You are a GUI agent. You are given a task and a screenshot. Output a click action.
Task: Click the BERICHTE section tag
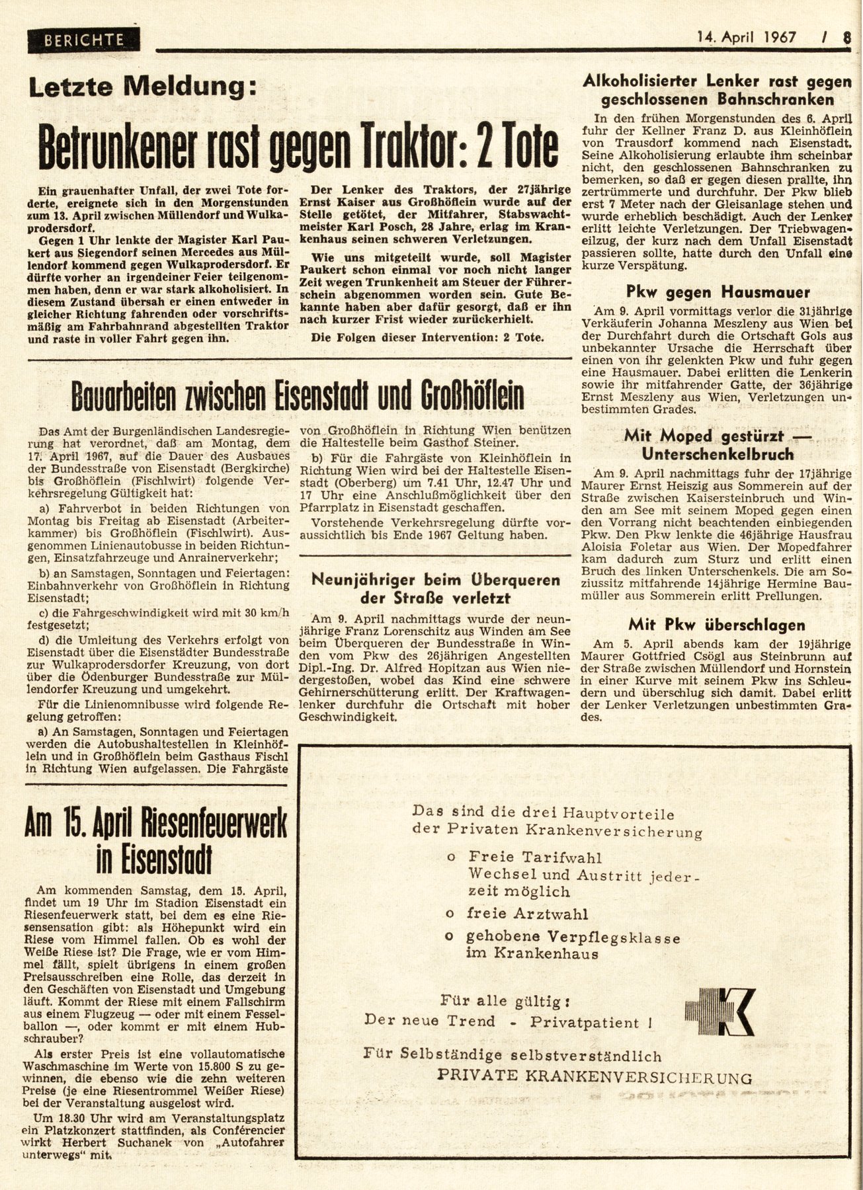point(84,40)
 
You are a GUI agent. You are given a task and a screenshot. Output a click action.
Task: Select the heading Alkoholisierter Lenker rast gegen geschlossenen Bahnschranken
point(717,91)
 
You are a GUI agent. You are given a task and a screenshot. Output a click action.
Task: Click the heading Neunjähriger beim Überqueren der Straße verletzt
point(436,588)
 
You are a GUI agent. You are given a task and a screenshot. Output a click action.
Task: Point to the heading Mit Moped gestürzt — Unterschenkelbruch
point(718,445)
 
